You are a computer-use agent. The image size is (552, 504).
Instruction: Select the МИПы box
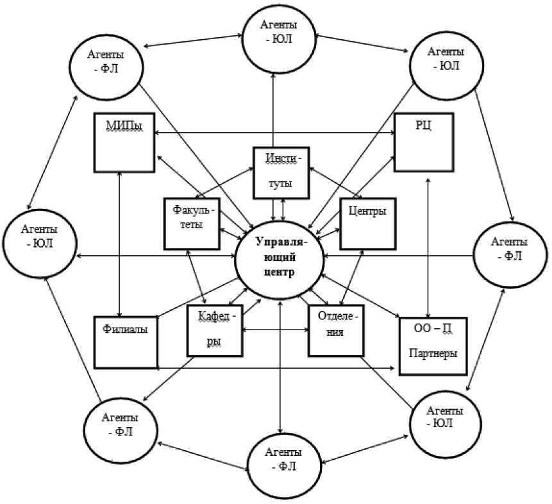(124, 142)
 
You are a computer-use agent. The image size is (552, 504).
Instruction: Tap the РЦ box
(424, 142)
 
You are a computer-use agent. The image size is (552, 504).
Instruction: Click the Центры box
(367, 223)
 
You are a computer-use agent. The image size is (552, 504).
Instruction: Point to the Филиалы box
(126, 342)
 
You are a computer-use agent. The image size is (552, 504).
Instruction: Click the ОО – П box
(432, 345)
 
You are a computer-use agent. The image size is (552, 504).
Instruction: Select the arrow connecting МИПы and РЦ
(274, 132)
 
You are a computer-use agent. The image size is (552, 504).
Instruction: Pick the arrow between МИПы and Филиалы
(121, 244)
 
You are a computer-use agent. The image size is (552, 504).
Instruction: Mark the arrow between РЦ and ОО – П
(428, 244)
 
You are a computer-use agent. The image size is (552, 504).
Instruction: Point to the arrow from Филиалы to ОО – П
(276, 368)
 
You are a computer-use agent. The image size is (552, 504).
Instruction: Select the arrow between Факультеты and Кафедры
(197, 276)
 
